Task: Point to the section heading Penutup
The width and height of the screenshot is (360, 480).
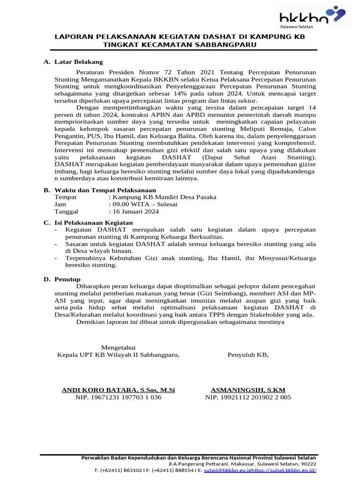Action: click(68, 279)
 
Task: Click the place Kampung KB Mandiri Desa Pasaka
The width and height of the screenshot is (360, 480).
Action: click(162, 197)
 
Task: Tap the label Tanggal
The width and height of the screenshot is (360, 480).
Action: click(67, 211)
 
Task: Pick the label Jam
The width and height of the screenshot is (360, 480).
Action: click(60, 204)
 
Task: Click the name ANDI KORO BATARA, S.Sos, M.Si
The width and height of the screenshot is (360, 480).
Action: click(119, 390)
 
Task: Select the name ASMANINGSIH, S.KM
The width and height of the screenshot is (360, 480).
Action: click(248, 390)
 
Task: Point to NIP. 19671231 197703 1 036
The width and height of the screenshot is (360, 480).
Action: click(118, 397)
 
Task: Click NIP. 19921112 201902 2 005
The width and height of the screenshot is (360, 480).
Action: click(248, 397)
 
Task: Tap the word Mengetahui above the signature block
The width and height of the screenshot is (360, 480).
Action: click(118, 347)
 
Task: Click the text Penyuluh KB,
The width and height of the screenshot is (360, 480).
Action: click(248, 355)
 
